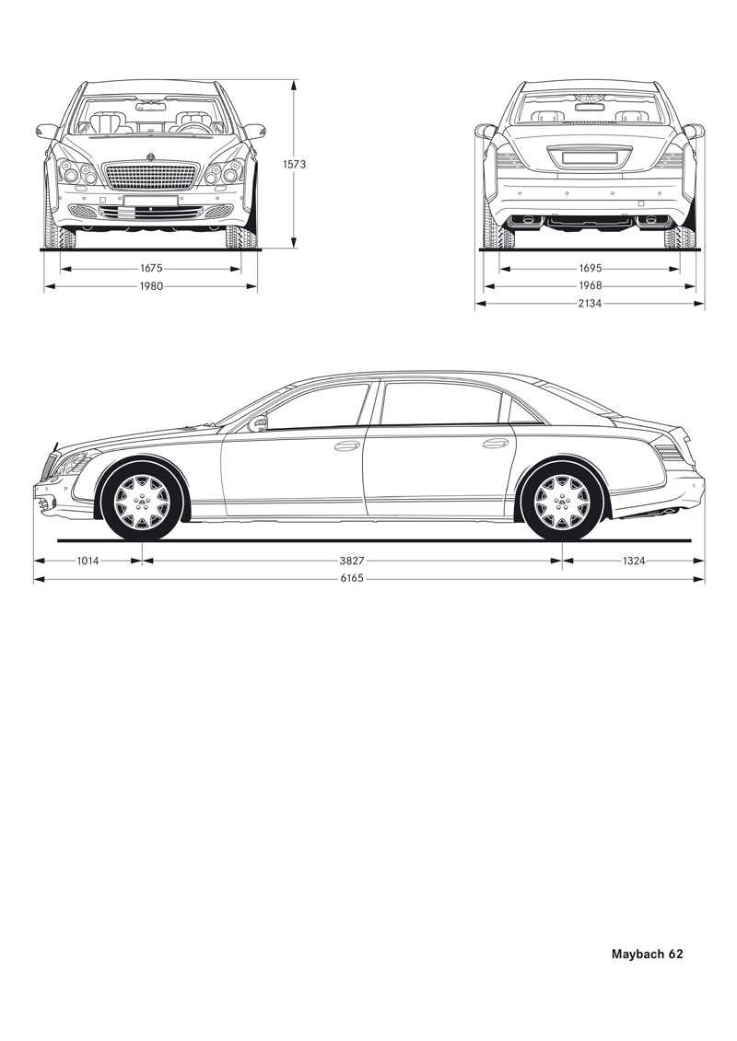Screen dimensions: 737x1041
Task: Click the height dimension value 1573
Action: [x=294, y=164]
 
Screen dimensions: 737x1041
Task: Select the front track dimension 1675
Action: [x=151, y=269]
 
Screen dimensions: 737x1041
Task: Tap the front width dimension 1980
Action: [x=151, y=286]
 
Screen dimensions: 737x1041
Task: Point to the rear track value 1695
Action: [x=591, y=268]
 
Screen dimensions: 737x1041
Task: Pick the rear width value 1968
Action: [x=591, y=285]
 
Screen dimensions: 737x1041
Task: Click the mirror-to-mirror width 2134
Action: [x=591, y=304]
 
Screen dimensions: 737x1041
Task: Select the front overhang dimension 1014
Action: [x=88, y=561]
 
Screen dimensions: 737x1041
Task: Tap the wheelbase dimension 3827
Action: [x=352, y=561]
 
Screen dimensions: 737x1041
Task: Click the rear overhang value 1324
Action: [x=634, y=561]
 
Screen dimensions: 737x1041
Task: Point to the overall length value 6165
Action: [x=352, y=578]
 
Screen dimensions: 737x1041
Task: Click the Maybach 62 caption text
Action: [x=648, y=954]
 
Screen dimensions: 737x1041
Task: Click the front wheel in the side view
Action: [x=142, y=502]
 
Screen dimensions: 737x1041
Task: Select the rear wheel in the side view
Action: [x=562, y=502]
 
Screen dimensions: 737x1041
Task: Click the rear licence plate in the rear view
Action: [x=591, y=157]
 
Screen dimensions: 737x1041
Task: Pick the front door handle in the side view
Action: [x=347, y=445]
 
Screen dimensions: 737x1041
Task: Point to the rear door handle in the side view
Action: [x=495, y=443]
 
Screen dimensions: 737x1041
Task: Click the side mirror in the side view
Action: [x=259, y=422]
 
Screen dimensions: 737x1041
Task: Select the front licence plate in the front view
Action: [x=151, y=201]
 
